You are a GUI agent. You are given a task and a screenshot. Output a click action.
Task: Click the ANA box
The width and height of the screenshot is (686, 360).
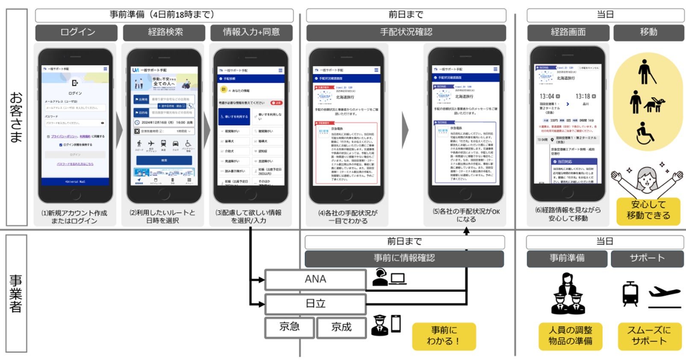click(x=315, y=280)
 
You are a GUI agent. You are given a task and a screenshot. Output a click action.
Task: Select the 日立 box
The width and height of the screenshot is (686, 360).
click(x=315, y=304)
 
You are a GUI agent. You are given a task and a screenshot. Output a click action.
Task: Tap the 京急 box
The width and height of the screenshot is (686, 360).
click(x=289, y=327)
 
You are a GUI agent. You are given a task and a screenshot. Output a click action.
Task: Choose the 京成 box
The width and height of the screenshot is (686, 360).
click(x=341, y=327)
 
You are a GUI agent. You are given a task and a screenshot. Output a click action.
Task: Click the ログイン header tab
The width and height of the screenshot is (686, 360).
click(x=77, y=32)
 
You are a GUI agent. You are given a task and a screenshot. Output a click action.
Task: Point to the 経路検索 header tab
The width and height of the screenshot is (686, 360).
click(x=165, y=32)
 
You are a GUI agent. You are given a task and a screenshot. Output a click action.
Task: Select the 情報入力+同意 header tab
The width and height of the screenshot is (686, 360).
click(x=251, y=32)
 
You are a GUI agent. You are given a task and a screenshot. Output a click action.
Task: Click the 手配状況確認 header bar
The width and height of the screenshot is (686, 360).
click(x=406, y=32)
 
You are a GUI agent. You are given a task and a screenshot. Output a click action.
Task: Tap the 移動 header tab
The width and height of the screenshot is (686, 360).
click(x=648, y=32)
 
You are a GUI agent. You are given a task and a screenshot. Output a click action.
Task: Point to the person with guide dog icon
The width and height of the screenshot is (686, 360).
click(x=647, y=102)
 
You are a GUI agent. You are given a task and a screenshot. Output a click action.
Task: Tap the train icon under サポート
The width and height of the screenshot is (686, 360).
click(x=630, y=294)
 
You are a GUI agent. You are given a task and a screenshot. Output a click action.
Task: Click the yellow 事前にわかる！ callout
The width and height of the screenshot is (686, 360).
click(x=444, y=336)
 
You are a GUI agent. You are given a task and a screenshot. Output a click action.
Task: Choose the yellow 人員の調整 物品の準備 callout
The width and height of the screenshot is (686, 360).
click(x=570, y=336)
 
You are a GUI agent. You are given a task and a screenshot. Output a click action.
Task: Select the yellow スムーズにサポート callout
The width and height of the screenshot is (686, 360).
click(x=649, y=336)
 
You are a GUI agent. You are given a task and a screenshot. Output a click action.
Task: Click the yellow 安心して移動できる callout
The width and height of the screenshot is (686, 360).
click(x=648, y=210)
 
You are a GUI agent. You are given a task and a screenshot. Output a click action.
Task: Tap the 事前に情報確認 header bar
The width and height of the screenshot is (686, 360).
click(x=404, y=258)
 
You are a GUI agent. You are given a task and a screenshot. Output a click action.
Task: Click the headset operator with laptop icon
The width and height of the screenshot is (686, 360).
click(x=389, y=277)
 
